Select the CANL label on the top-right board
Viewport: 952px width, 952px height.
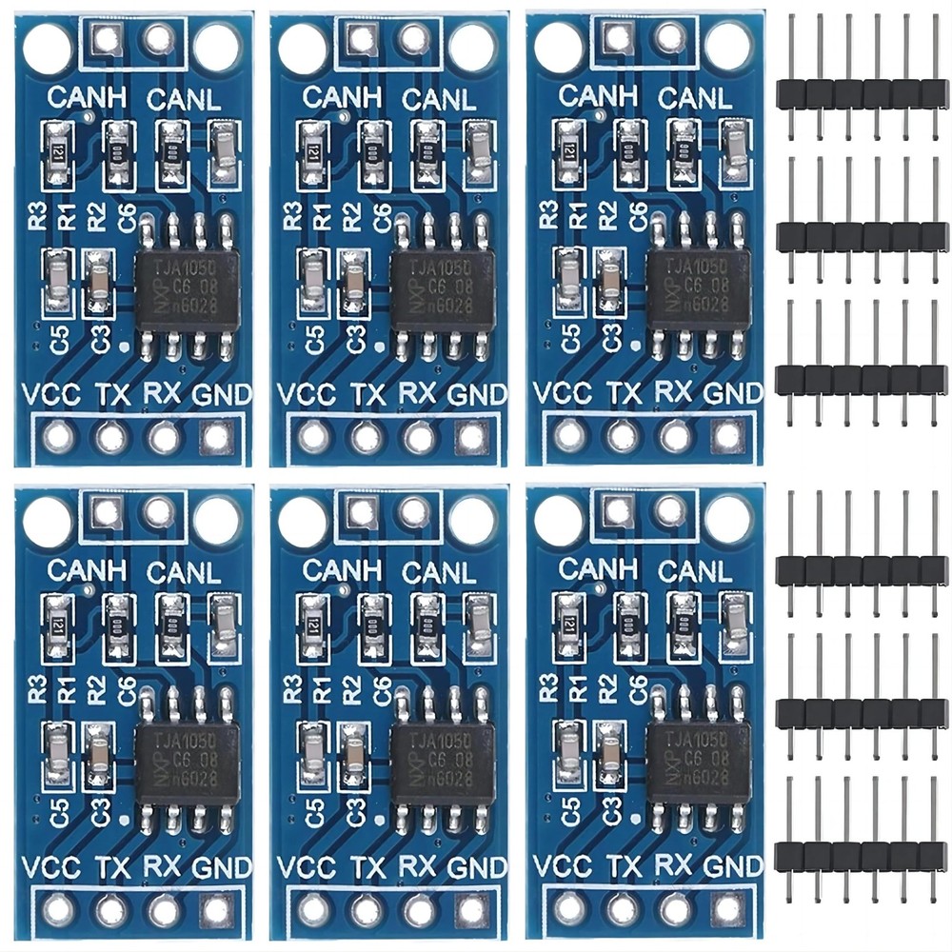(695, 97)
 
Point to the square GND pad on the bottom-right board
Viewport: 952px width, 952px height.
(726, 908)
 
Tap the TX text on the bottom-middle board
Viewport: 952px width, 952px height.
(367, 867)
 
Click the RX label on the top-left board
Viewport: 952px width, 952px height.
(164, 392)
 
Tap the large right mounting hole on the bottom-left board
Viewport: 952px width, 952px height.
(217, 518)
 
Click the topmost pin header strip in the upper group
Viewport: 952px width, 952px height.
(862, 93)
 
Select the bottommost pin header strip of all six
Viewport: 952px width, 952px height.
(862, 856)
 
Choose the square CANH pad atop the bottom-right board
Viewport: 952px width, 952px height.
(616, 510)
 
